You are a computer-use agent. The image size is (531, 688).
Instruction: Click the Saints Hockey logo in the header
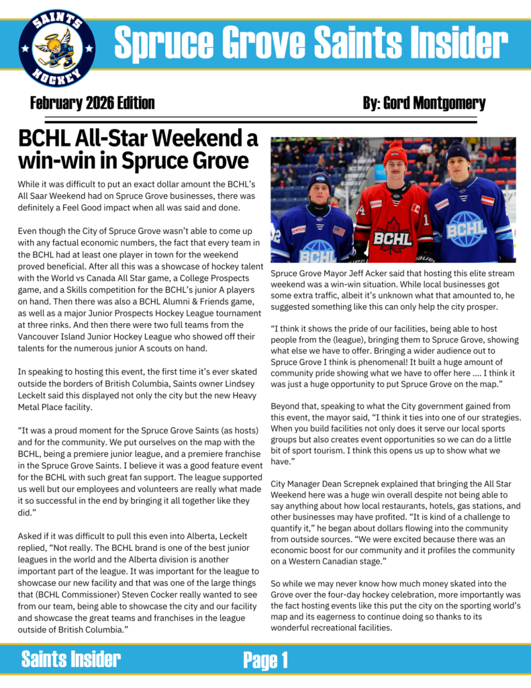pyautogui.click(x=57, y=50)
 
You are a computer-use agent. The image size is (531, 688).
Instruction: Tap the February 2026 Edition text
pyautogui.click(x=92, y=103)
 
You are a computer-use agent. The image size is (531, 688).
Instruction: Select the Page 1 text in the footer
pyautogui.click(x=266, y=660)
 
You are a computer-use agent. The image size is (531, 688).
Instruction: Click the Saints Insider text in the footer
pyautogui.click(x=71, y=659)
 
